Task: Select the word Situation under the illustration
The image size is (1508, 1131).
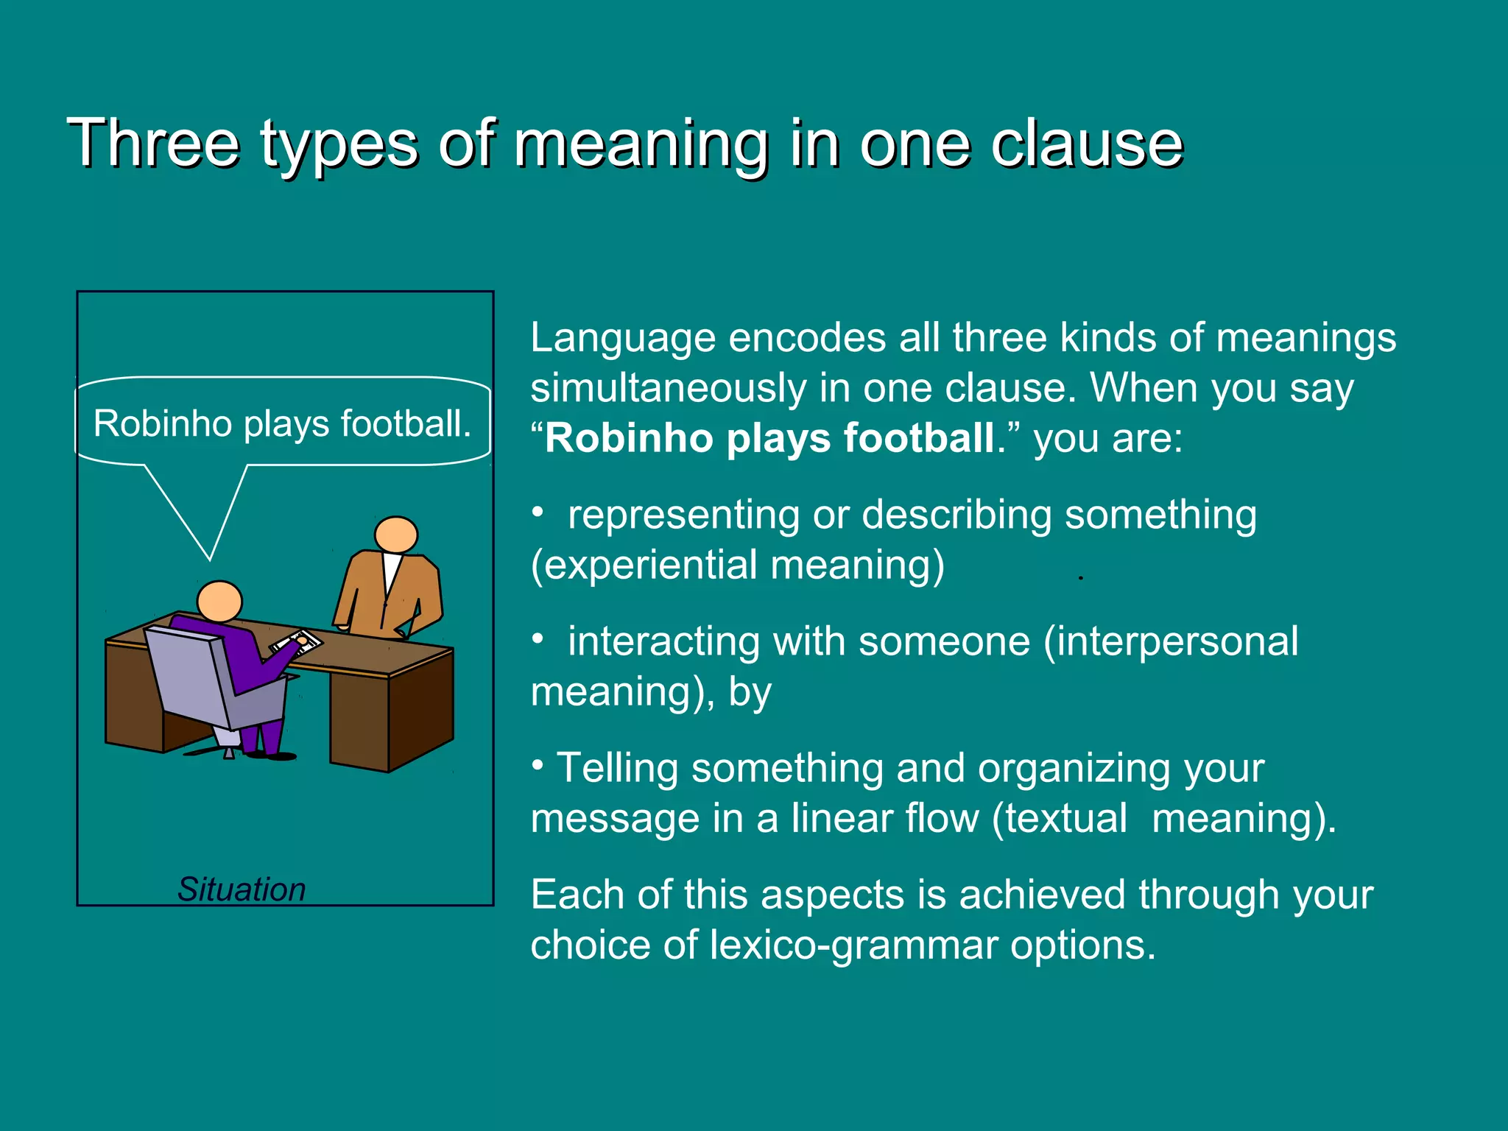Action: coord(242,889)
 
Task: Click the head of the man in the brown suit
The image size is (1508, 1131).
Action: coord(396,535)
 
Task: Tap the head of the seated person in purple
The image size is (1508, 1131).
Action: coord(219,601)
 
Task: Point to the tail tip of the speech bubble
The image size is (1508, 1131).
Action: coord(210,558)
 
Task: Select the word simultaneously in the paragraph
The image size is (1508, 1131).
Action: coord(669,387)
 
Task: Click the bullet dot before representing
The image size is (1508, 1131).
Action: coord(538,510)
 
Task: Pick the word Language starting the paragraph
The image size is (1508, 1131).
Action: coord(623,339)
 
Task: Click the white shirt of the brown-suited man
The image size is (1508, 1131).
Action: coord(391,571)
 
